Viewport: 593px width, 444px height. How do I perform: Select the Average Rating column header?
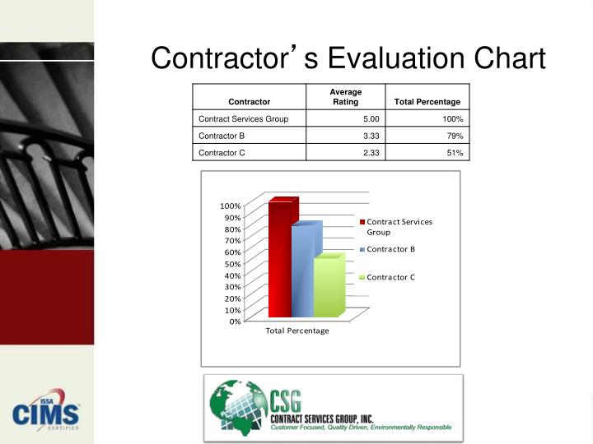tap(345, 96)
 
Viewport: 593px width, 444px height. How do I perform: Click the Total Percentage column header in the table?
tap(427, 102)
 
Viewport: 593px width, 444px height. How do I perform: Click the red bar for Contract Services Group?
tap(279, 259)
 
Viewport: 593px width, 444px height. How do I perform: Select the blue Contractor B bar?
tap(302, 271)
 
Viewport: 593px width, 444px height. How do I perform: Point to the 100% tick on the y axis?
tap(231, 206)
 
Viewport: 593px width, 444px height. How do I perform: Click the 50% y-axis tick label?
tap(232, 264)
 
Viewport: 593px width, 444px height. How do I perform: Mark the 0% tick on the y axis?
tap(235, 321)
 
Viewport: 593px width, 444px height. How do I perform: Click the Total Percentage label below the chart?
tap(296, 331)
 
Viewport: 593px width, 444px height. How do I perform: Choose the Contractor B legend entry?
tap(390, 248)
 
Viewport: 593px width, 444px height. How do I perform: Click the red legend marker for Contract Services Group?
tap(362, 222)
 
